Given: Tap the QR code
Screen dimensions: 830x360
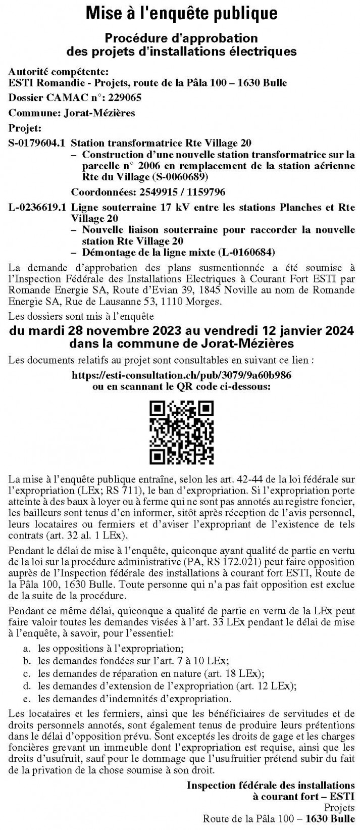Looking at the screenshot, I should pyautogui.click(x=180, y=432).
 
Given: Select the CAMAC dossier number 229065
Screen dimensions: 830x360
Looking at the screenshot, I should pyautogui.click(x=123, y=98).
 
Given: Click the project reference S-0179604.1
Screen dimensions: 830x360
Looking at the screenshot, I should pyautogui.click(x=37, y=143).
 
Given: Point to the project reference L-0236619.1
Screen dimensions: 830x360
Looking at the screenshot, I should pyautogui.click(x=37, y=207).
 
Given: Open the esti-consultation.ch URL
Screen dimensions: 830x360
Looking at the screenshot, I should pyautogui.click(x=181, y=376).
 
